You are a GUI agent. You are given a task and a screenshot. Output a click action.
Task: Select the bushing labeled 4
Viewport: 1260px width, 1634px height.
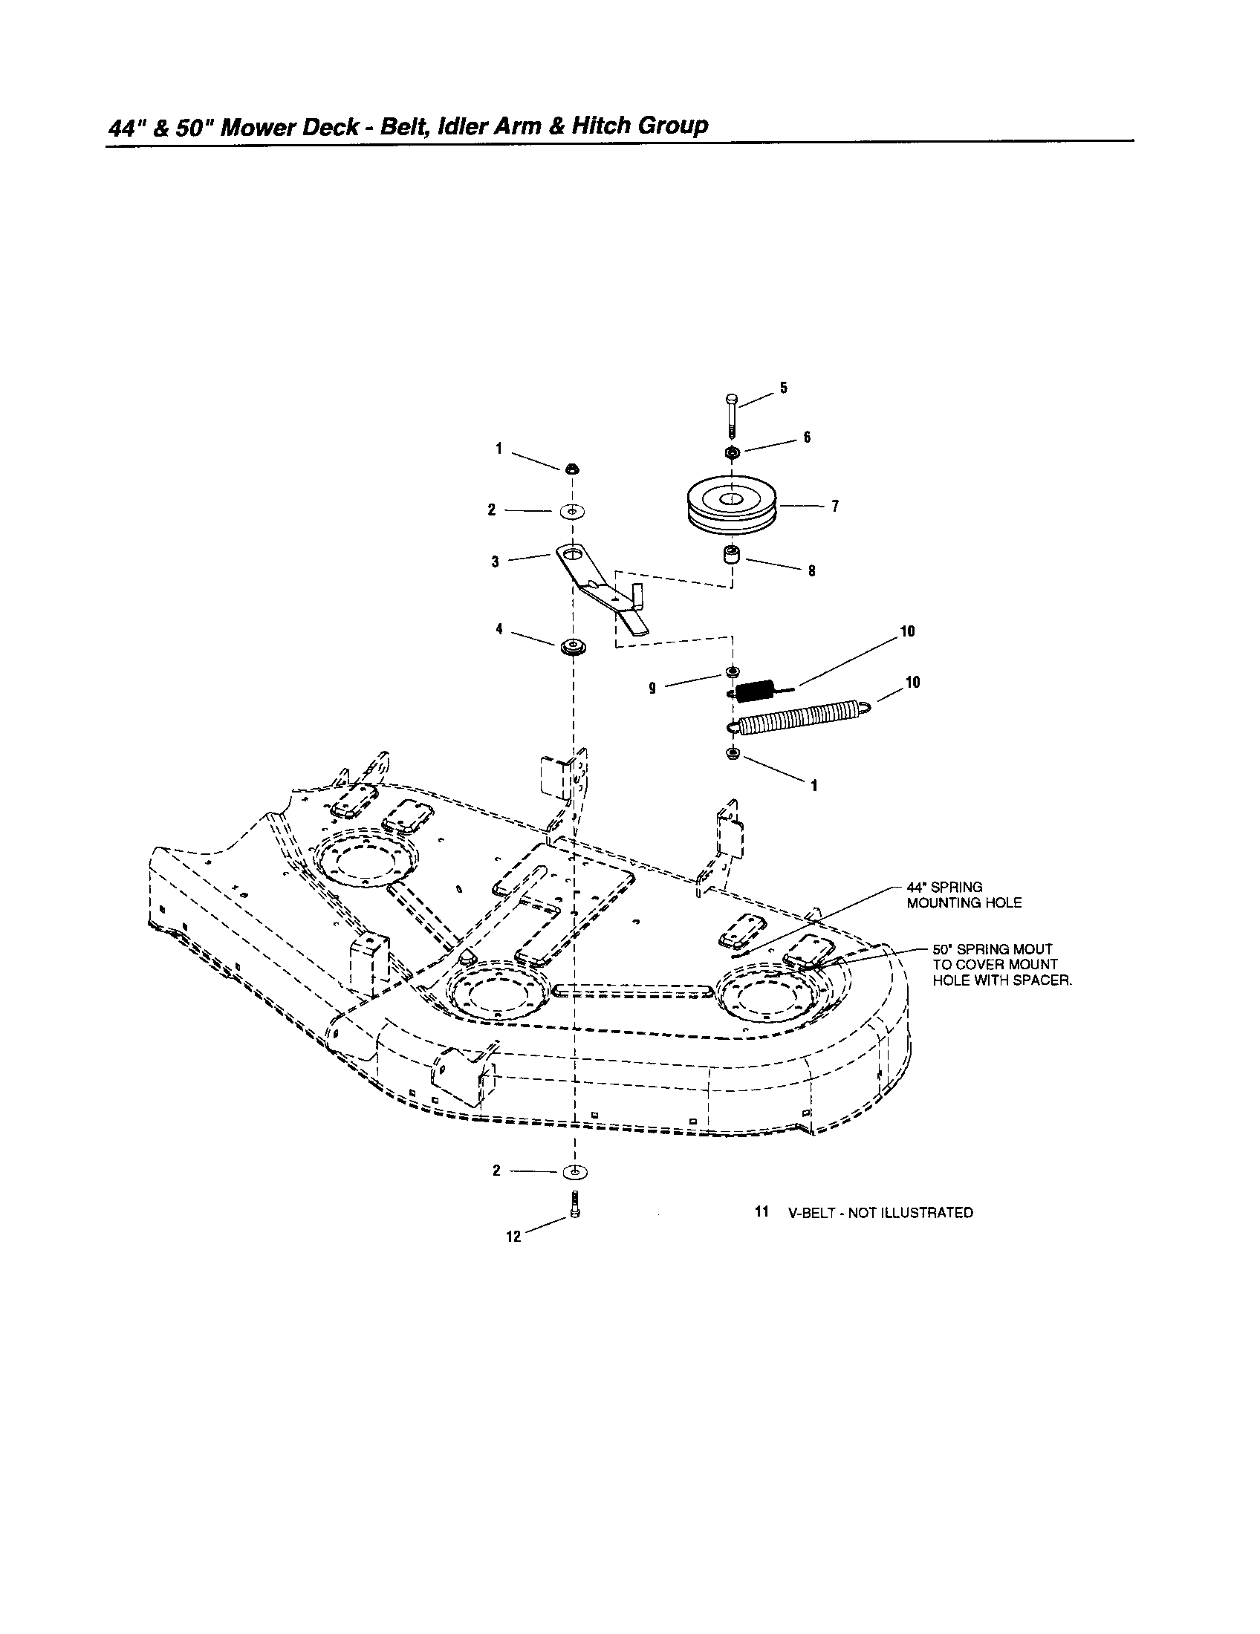tap(572, 647)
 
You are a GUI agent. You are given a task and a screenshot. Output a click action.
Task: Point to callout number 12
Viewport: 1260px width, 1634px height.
tap(513, 1237)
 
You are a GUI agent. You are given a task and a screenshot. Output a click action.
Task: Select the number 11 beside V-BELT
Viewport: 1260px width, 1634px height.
tap(761, 1212)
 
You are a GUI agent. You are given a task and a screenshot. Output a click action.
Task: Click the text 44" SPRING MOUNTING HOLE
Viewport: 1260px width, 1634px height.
tap(963, 895)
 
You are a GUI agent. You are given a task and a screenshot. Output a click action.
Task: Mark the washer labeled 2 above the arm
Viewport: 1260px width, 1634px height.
tap(573, 512)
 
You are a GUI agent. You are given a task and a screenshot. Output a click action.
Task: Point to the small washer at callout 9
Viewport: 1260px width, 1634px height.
tap(733, 671)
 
